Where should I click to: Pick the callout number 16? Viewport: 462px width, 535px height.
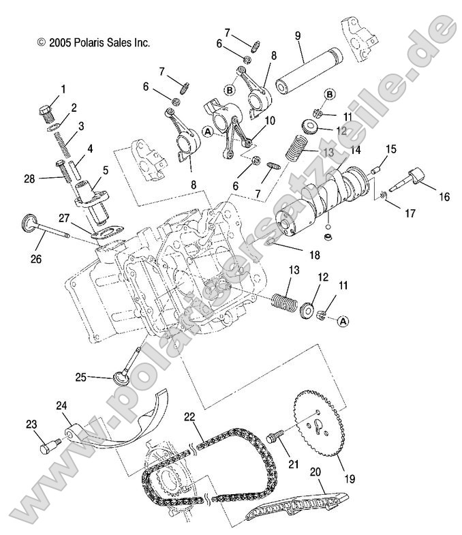tap(444, 198)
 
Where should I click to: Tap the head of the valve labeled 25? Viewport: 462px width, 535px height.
tap(121, 378)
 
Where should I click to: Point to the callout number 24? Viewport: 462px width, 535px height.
tap(62, 406)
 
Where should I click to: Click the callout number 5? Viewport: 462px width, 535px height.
tap(105, 170)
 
